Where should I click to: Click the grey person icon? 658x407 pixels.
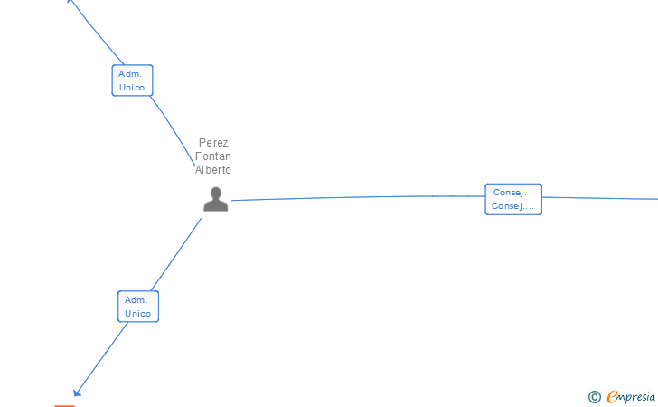[215, 199]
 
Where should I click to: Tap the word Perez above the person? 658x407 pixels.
[213, 143]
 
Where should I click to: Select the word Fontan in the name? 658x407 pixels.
[213, 156]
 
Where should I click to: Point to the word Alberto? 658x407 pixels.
[213, 170]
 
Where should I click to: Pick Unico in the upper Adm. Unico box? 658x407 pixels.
[132, 88]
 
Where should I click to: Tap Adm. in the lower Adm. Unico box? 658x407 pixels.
[137, 299]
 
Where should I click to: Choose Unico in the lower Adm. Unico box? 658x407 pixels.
[137, 314]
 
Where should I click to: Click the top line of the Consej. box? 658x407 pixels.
[512, 192]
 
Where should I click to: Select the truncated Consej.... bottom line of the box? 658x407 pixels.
[512, 206]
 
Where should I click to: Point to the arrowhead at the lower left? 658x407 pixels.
[78, 392]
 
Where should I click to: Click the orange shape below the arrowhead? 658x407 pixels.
[64, 405]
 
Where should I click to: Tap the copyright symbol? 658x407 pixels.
[594, 396]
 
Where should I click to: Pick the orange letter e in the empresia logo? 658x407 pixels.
[612, 396]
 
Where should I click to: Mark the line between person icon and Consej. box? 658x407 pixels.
[362, 196]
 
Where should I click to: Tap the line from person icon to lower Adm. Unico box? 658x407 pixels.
[178, 254]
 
